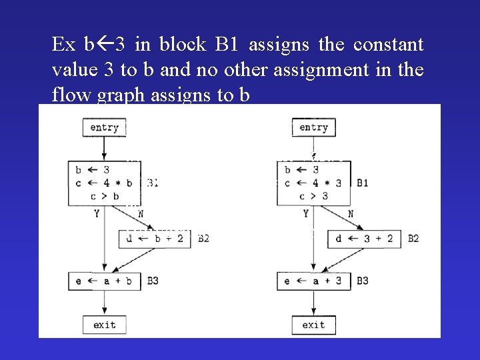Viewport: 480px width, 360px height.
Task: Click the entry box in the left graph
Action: point(104,127)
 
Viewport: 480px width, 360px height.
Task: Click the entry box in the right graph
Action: point(313,127)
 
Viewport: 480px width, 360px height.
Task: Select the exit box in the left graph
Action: point(104,325)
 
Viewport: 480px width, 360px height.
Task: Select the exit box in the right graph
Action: point(313,325)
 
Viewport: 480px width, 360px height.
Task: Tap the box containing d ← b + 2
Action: point(155,238)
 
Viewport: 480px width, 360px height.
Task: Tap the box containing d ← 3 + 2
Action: point(364,238)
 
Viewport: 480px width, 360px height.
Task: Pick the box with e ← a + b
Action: point(105,281)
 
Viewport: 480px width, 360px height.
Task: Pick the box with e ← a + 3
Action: point(313,281)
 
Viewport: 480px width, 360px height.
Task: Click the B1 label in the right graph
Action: point(363,183)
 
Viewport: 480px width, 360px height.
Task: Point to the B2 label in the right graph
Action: point(413,238)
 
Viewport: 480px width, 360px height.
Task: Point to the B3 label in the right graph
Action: point(362,281)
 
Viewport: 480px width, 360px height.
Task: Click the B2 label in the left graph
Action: point(203,238)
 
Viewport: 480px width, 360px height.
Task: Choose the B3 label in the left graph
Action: point(153,281)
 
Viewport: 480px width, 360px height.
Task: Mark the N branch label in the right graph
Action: point(351,213)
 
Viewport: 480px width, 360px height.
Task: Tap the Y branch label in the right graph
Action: point(306,213)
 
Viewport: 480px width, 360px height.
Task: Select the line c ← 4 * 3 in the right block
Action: point(313,183)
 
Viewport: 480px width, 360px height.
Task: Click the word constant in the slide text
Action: point(388,45)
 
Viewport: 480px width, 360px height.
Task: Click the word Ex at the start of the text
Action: point(64,45)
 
